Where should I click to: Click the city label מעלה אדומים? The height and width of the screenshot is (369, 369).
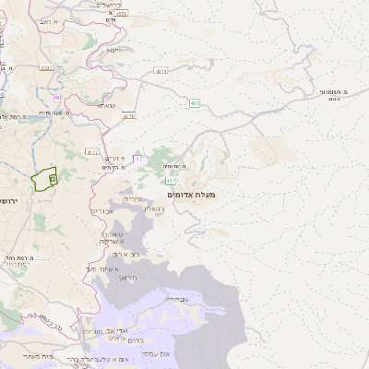[x=191, y=195]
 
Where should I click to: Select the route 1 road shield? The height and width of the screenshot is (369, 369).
[x=136, y=160]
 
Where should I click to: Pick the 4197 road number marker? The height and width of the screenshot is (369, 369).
[x=161, y=70]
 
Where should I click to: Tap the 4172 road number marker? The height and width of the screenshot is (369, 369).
[x=91, y=151]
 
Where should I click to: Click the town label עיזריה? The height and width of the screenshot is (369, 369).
[x=134, y=197]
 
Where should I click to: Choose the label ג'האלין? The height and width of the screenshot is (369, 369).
[x=156, y=208]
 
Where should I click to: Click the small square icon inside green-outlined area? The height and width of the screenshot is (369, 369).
[x=52, y=178]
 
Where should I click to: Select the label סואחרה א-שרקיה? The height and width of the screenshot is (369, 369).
[x=110, y=238]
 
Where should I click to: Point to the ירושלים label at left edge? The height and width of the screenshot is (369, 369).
[x=7, y=200]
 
